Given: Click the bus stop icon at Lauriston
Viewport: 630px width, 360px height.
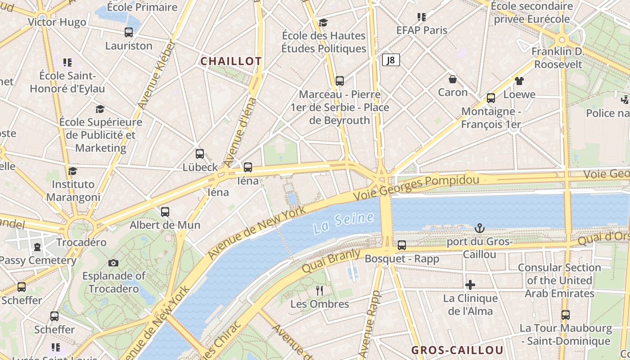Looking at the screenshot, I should pyautogui.click(x=129, y=32).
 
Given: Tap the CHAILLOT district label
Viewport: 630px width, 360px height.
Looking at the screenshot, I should pyautogui.click(x=231, y=62).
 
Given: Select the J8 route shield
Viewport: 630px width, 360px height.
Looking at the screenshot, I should pyautogui.click(x=391, y=60).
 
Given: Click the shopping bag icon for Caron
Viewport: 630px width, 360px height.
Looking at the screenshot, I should pyautogui.click(x=453, y=79).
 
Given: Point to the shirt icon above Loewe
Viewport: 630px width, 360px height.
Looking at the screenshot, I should pyautogui.click(x=519, y=81).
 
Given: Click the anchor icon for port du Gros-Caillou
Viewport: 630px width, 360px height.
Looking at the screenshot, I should pyautogui.click(x=480, y=229).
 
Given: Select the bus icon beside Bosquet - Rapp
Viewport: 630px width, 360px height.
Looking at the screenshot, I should pyautogui.click(x=402, y=245).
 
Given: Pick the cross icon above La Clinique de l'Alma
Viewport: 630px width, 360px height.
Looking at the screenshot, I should pyautogui.click(x=470, y=285).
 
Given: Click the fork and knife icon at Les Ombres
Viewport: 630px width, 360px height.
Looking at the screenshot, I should pyautogui.click(x=319, y=291).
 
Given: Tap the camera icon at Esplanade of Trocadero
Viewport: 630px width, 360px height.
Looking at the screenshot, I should pyautogui.click(x=113, y=263).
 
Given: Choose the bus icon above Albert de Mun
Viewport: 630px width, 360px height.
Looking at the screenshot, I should pyautogui.click(x=165, y=211).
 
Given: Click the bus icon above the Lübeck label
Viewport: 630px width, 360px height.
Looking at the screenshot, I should pyautogui.click(x=200, y=154).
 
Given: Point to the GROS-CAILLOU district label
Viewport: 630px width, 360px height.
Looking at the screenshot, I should pyautogui.click(x=457, y=351).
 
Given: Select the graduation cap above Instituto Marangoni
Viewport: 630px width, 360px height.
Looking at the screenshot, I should pyautogui.click(x=73, y=171).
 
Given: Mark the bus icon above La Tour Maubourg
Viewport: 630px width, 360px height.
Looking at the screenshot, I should pyautogui.click(x=566, y=315).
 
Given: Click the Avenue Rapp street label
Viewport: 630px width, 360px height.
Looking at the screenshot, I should pyautogui.click(x=370, y=324).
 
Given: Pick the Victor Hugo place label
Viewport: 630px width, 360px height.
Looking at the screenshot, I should pyautogui.click(x=57, y=22).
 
